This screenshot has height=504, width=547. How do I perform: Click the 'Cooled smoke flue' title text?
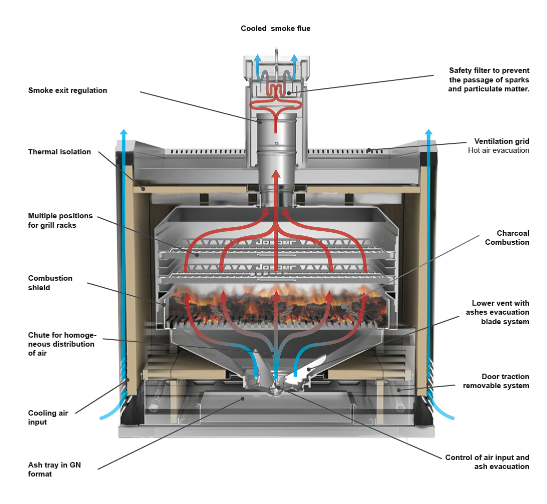[x=275, y=28]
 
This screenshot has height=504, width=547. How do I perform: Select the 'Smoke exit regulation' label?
[x=67, y=90]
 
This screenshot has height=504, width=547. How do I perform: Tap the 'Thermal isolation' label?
[x=59, y=152]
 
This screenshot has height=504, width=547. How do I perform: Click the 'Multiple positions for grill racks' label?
[x=60, y=220]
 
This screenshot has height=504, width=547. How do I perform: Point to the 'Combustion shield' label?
[x=50, y=283]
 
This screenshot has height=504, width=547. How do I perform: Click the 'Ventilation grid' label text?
[x=502, y=141]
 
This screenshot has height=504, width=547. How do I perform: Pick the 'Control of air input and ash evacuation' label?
[x=487, y=462]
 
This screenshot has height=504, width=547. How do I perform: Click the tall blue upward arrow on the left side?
[x=124, y=250]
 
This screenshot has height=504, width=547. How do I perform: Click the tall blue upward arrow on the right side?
[x=428, y=250]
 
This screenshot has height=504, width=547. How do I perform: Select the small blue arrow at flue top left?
[x=257, y=62]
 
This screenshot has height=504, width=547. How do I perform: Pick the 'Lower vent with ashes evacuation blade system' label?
[x=500, y=312]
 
